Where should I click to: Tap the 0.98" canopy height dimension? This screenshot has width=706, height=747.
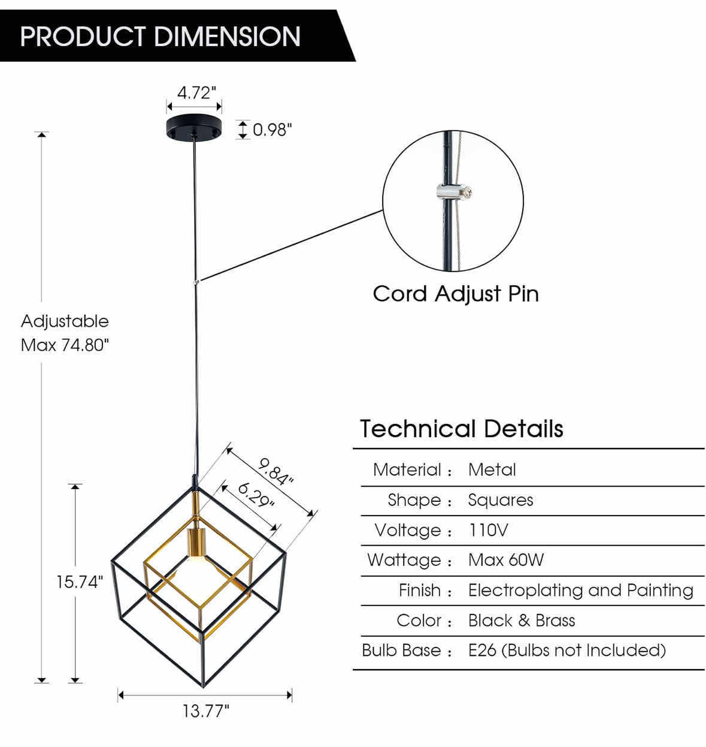[272, 129]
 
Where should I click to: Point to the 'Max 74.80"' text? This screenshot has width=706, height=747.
[65, 345]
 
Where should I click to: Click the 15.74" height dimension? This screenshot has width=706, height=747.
[80, 582]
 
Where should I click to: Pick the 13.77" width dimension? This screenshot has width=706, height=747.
[205, 711]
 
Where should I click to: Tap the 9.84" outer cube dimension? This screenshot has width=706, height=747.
[276, 471]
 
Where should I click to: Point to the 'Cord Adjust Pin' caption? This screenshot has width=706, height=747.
[455, 294]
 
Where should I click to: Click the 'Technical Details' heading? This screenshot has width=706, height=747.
[461, 429]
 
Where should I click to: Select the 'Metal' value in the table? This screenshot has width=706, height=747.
[492, 470]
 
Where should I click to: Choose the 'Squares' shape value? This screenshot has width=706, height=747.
[500, 500]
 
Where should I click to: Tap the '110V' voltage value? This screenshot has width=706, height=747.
[488, 530]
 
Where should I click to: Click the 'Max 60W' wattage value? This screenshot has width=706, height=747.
[505, 560]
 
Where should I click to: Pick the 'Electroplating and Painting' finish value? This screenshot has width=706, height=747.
[580, 591]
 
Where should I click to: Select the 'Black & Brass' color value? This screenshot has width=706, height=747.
[521, 621]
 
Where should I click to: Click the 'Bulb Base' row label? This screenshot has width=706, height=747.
[401, 650]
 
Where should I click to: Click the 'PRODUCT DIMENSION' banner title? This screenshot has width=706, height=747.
[160, 36]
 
